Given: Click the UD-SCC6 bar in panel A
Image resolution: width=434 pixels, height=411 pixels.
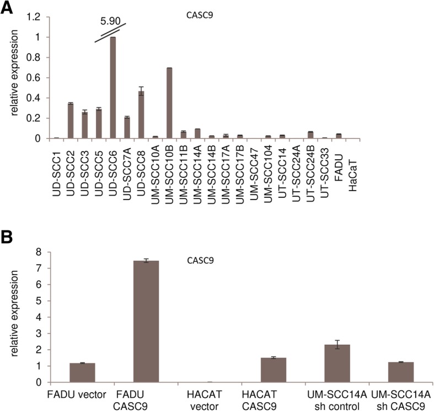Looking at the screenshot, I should [x=113, y=88].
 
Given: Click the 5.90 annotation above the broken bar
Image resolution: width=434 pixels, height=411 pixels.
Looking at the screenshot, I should [x=110, y=23].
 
